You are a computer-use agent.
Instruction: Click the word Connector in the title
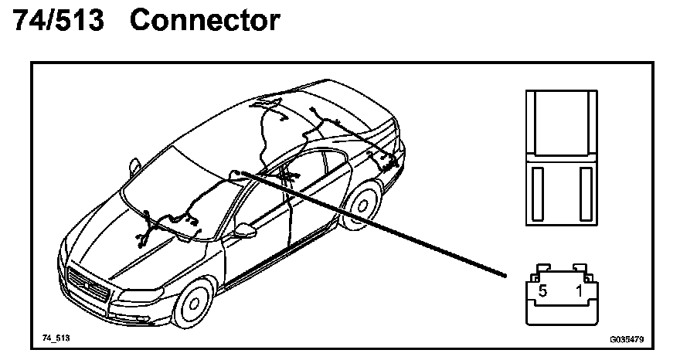coord(206,20)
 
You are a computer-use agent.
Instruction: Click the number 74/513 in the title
coord(59,20)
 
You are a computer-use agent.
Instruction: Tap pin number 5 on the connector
coord(543,291)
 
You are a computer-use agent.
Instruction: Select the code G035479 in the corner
coord(627,338)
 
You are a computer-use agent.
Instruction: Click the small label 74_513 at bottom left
coord(56,338)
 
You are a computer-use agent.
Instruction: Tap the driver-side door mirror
coord(245,230)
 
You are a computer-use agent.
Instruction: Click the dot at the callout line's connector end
coord(505,273)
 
